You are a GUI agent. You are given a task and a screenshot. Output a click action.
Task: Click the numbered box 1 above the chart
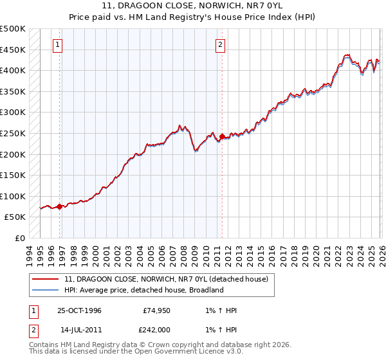(59, 44)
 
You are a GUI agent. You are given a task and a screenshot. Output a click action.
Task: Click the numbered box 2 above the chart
(220, 44)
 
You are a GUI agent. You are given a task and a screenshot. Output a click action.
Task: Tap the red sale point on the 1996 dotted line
(60, 206)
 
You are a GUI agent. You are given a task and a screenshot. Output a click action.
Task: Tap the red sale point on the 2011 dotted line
(222, 136)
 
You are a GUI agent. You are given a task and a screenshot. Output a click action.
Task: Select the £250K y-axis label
(13, 134)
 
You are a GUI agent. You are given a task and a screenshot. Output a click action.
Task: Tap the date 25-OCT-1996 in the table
(79, 310)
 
